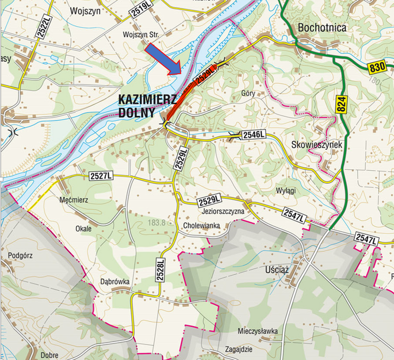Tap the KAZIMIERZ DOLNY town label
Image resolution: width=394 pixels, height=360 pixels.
(x=137, y=105)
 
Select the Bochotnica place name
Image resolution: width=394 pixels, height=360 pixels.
(x=322, y=28)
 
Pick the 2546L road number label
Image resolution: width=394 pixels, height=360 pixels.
(x=254, y=136)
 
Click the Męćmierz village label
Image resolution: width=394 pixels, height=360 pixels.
(x=74, y=200)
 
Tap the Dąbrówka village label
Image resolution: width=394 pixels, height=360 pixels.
(x=115, y=281)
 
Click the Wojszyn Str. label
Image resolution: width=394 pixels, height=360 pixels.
(x=140, y=35)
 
